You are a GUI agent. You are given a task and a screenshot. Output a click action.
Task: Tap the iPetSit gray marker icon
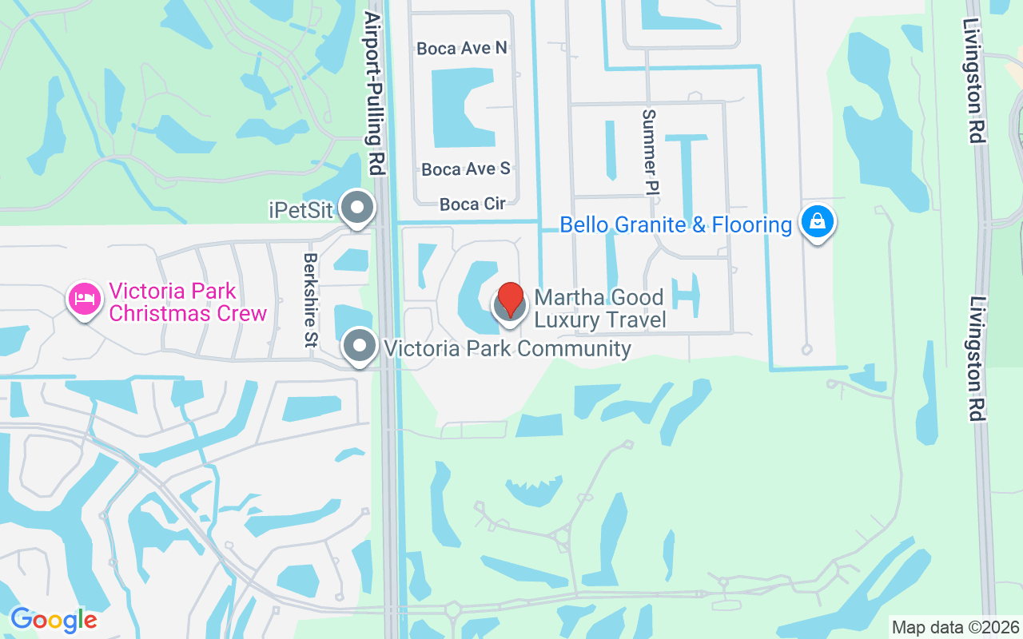point(357,208)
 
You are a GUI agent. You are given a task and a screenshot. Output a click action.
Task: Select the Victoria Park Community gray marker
point(360,347)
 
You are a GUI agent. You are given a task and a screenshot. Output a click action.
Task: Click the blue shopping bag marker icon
point(817,222)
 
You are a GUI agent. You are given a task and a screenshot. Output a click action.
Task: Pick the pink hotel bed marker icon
point(84,300)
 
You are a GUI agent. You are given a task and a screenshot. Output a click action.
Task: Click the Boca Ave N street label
point(462,49)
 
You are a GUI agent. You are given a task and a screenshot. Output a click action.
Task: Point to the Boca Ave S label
point(465,169)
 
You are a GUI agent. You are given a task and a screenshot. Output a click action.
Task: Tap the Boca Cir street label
point(472,204)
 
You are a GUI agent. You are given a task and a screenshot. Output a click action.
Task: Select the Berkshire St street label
point(311,300)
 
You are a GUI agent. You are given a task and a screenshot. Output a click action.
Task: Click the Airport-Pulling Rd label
point(373,92)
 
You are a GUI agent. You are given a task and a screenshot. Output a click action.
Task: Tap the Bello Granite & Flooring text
point(675,224)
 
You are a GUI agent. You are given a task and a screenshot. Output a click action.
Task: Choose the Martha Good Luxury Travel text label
point(599,309)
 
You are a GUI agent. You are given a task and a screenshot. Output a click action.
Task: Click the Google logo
point(54,620)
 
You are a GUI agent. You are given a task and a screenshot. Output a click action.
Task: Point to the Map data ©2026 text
point(955,627)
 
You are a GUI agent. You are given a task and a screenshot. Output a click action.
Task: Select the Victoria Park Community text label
point(508,348)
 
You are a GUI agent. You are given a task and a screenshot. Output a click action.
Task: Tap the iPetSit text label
point(301,209)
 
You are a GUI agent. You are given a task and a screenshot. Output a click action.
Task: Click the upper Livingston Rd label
point(973,80)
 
